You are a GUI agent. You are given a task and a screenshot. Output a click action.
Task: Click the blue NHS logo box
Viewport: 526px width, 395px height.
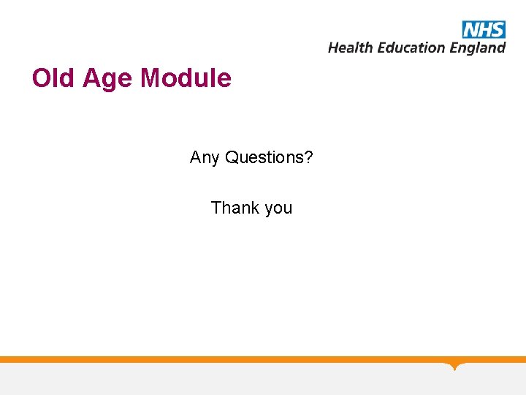pos(483,29)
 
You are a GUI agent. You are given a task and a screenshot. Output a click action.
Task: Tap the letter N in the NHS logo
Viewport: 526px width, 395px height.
pos(470,29)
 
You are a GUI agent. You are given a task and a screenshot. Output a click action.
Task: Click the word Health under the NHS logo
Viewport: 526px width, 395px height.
pos(349,48)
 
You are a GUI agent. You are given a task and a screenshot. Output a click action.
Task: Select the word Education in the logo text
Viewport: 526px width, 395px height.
pos(409,48)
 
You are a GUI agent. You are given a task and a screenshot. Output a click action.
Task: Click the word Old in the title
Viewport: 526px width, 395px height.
pos(54,78)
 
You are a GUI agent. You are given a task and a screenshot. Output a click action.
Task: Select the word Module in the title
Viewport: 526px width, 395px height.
pos(186,78)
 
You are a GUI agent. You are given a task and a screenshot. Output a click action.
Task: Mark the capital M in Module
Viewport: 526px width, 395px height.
pos(150,78)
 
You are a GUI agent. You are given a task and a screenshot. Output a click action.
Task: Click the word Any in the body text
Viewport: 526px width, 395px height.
pos(205,157)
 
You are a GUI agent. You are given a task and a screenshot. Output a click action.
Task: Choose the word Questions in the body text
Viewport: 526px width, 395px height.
pos(265,157)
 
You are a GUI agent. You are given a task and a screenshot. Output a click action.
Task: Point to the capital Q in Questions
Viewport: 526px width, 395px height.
pos(232,157)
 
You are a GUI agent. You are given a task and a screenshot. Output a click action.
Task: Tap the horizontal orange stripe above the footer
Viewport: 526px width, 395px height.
pos(219,359)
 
